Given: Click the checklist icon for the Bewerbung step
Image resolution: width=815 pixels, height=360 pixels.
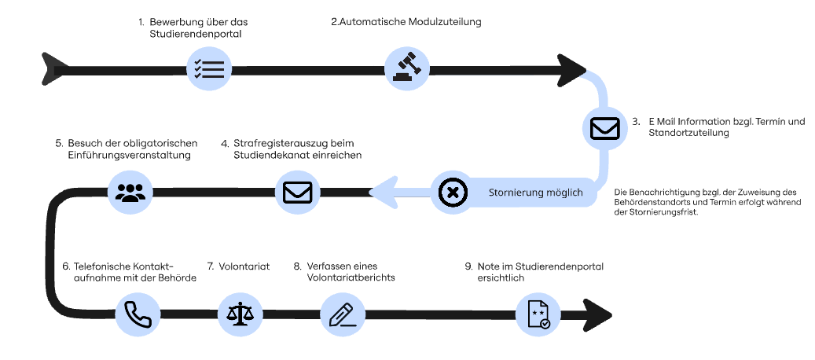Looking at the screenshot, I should (208, 68).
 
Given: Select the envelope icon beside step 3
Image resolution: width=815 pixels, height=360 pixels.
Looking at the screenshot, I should (605, 128).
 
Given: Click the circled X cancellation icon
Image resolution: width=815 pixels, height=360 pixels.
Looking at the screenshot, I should (453, 193).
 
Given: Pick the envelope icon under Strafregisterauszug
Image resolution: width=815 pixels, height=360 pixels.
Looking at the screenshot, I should (298, 192).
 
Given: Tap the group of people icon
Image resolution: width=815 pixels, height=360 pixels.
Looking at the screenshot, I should (130, 192).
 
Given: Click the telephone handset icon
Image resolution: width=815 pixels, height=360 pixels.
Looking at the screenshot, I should (138, 314).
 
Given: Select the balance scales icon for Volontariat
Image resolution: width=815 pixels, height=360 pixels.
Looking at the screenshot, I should (240, 314).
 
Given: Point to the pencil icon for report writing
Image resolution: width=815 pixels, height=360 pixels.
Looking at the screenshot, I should (343, 314).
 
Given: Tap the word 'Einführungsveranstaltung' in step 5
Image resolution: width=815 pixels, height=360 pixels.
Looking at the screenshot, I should (125, 156).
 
